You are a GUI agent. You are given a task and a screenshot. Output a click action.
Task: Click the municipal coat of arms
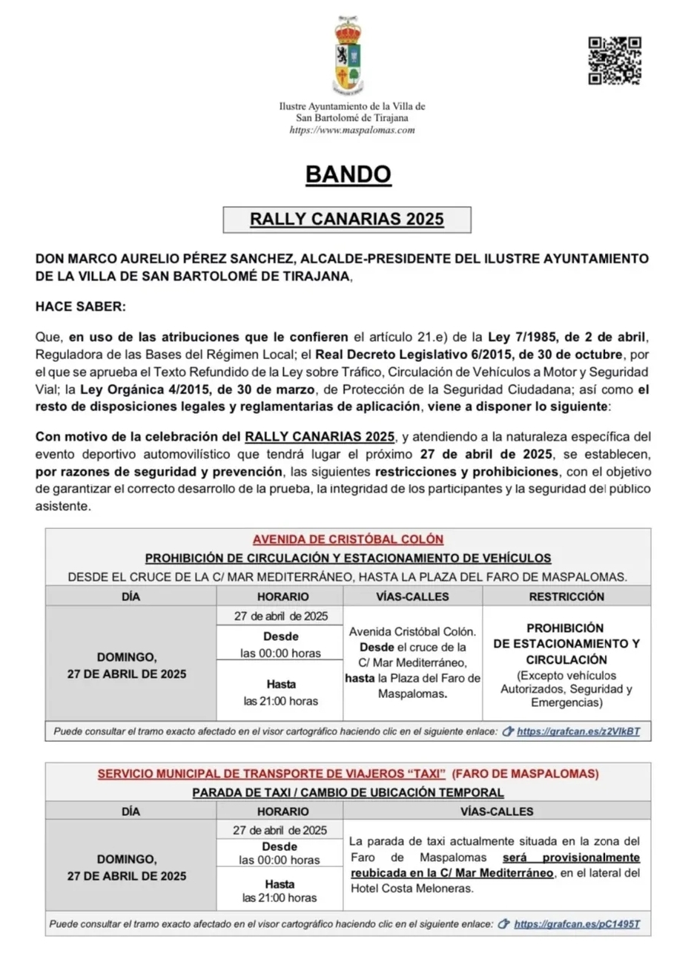pyautogui.click(x=347, y=56)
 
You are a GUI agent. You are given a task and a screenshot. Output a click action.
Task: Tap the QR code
pyautogui.click(x=614, y=60)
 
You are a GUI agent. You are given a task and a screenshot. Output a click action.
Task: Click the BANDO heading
pyautogui.click(x=348, y=174)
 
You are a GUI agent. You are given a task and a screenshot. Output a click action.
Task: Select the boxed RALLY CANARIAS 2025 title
pyautogui.click(x=346, y=219)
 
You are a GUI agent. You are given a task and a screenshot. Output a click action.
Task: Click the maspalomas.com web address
pyautogui.click(x=351, y=130)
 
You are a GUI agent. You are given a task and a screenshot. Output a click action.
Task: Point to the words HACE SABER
pyautogui.click(x=81, y=306)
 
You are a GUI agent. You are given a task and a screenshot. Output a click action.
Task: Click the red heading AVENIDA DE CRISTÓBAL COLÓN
pyautogui.click(x=348, y=539)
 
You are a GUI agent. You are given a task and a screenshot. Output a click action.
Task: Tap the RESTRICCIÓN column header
pyautogui.click(x=566, y=596)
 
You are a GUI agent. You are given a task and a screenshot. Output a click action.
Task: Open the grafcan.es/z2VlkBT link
pyautogui.click(x=578, y=731)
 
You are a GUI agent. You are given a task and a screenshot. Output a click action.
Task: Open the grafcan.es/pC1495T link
pyautogui.click(x=576, y=924)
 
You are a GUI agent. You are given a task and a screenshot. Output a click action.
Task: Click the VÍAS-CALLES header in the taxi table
pyautogui.click(x=496, y=811)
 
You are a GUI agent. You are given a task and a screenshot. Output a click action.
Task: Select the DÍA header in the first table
pyautogui.click(x=130, y=596)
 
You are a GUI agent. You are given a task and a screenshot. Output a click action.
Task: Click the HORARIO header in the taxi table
pyautogui.click(x=282, y=811)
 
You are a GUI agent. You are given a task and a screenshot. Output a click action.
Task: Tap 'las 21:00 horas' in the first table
pyautogui.click(x=280, y=701)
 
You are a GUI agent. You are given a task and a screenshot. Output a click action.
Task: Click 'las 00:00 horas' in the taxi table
pyautogui.click(x=280, y=860)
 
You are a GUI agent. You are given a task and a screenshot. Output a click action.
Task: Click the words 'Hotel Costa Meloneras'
pyautogui.click(x=412, y=889)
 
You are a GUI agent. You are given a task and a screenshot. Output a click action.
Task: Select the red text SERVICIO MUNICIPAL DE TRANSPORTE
pyautogui.click(x=271, y=774)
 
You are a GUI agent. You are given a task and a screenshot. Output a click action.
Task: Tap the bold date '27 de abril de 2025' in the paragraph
pyautogui.click(x=486, y=455)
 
